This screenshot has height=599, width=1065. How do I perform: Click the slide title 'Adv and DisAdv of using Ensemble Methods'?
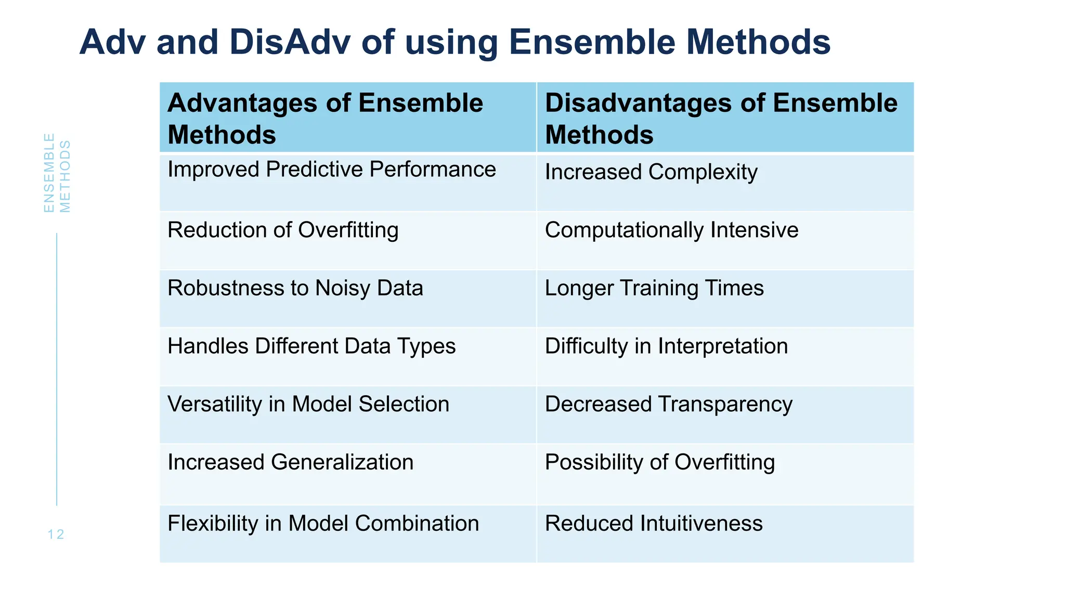[455, 42]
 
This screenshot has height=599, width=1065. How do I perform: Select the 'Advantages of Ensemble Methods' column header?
[326, 119]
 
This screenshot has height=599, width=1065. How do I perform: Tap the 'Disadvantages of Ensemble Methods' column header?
[721, 119]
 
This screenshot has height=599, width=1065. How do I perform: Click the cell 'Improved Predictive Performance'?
[332, 170]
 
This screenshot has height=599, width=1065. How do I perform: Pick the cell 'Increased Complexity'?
[651, 172]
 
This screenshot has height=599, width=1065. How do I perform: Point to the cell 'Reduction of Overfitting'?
[283, 230]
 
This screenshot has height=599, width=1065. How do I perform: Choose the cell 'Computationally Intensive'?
[671, 230]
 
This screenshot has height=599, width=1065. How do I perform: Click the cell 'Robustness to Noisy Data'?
[295, 288]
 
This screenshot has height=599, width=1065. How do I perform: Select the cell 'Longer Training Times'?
[654, 288]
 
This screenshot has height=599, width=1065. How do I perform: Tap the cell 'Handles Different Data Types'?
[311, 346]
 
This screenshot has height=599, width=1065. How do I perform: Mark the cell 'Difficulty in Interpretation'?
[666, 346]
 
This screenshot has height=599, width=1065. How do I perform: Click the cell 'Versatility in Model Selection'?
[308, 404]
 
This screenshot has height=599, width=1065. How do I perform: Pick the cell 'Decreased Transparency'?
[668, 404]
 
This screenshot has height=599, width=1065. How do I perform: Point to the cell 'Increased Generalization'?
[290, 462]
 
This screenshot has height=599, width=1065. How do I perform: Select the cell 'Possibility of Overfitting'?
[659, 462]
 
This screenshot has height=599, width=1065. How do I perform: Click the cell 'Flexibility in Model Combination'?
[323, 524]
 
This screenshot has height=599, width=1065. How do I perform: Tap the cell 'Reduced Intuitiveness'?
[654, 524]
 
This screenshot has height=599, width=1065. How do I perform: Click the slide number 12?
[56, 535]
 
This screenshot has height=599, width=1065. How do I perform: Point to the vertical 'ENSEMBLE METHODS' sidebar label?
[57, 173]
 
